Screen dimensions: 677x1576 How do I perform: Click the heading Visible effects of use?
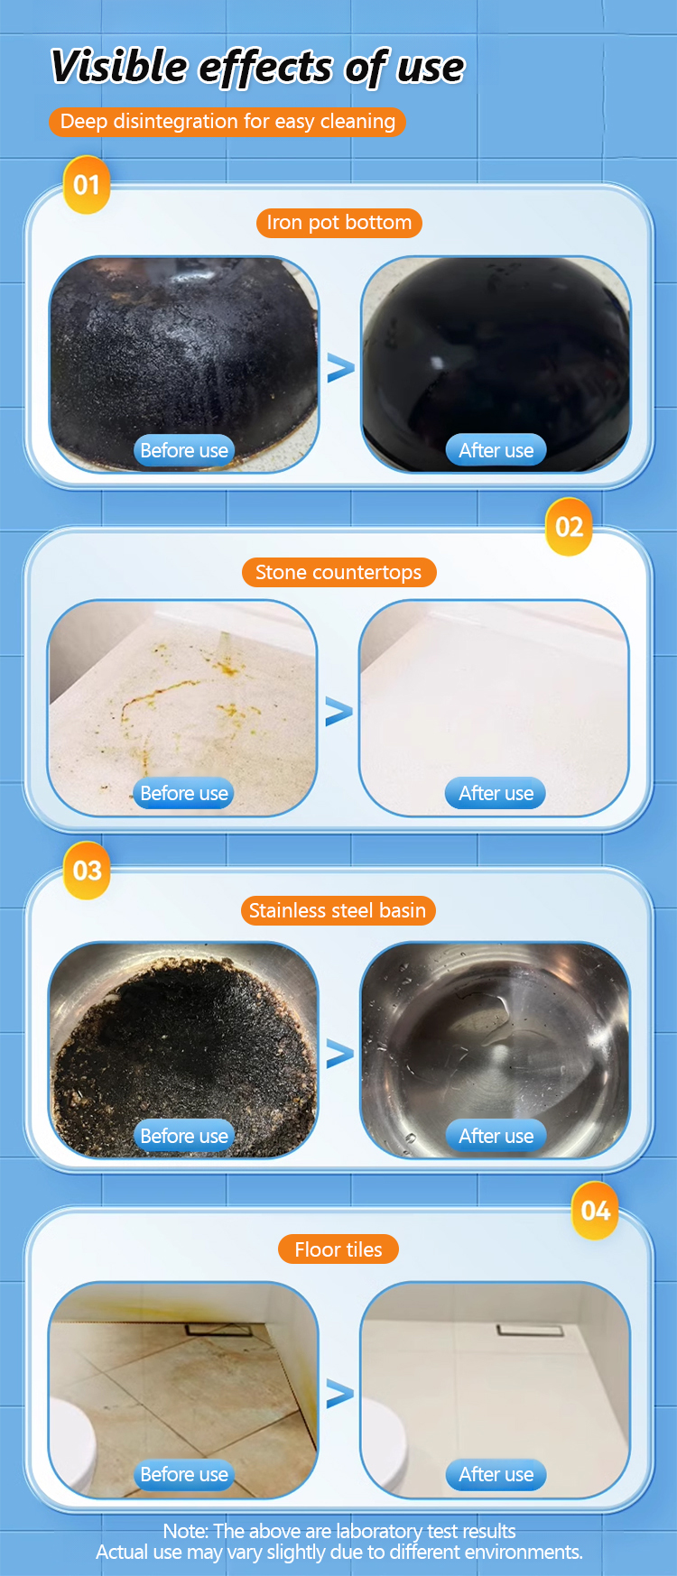point(257,68)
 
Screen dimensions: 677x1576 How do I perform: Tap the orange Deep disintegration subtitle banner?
point(227,122)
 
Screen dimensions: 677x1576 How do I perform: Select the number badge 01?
point(87,185)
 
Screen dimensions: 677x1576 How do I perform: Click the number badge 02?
point(569,527)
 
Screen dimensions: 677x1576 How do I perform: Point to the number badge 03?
point(87,871)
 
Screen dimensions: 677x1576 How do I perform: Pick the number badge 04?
point(595,1211)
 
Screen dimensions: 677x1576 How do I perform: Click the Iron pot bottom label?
point(338,223)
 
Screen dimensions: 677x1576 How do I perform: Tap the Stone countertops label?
point(338,572)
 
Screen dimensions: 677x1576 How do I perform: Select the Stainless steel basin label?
point(338,910)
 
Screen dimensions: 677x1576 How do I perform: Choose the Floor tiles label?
point(338,1249)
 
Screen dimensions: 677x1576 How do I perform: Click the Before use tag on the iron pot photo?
point(184,450)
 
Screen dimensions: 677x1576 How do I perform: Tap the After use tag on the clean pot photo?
point(496,450)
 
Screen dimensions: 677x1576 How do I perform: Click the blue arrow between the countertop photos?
point(338,712)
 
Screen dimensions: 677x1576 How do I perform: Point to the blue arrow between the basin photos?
point(339,1054)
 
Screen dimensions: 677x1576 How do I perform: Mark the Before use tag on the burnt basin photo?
point(184,1136)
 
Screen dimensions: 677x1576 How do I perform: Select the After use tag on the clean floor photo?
point(496,1474)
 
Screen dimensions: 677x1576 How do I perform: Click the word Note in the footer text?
point(185,1531)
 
